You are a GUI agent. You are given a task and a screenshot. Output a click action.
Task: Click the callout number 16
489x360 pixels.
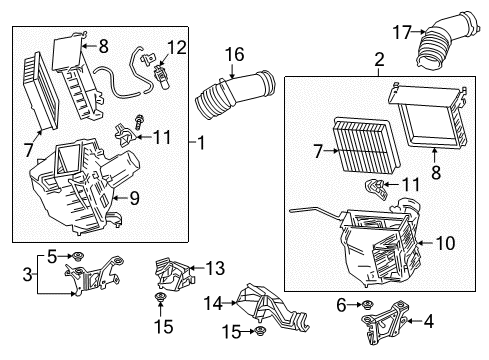pos(235,54)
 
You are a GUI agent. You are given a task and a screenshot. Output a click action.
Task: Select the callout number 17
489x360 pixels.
pos(402,32)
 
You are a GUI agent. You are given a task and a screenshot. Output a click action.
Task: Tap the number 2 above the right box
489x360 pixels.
pos(379,60)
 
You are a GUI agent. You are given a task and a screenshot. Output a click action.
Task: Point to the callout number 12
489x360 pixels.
pos(177,48)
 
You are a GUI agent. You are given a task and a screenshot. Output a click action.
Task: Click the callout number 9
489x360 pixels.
pos(135,198)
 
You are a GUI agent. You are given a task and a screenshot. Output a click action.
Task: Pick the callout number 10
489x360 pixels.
pos(445,243)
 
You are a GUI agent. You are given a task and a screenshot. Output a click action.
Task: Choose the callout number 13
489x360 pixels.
pos(215,268)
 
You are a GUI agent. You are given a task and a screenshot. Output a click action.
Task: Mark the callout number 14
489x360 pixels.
pos(213,303)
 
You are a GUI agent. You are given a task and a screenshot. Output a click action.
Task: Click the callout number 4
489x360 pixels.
pos(429,321)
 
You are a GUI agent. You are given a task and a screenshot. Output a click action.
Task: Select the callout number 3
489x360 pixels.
pos(28,275)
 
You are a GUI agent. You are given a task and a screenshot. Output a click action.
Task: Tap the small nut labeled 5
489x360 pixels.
pos(79,256)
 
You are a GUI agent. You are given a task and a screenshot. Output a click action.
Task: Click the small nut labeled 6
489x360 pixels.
pos(367,305)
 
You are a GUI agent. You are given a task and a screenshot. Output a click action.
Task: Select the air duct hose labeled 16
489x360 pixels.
pos(235,94)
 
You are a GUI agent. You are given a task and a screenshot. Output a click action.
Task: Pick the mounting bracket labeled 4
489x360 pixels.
pos(385,322)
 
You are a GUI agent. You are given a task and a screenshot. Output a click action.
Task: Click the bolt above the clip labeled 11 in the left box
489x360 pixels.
pos(138,122)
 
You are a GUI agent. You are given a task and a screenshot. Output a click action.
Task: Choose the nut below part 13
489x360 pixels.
pos(160,297)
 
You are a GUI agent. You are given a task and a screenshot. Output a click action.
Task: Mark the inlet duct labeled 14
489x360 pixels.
pos(272,307)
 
